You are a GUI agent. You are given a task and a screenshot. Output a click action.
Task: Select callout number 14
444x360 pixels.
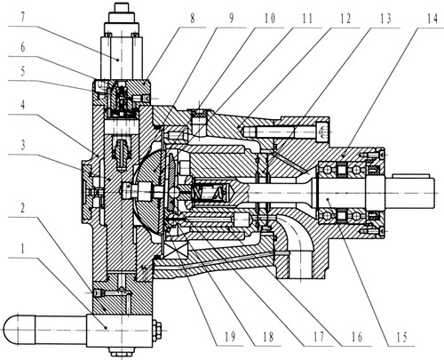[432, 19]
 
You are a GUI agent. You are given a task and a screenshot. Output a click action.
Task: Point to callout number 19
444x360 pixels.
[230, 337]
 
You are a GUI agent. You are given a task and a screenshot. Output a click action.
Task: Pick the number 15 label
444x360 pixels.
[401, 337]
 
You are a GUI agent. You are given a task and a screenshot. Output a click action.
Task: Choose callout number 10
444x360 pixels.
[269, 19]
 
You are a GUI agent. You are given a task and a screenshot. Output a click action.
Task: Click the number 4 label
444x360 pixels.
[22, 105]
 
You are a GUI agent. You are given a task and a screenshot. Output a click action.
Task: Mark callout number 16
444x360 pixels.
[356, 337]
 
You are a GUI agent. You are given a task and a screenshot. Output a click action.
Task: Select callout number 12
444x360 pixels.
[345, 19]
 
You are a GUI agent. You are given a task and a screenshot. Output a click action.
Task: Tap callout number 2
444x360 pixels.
[22, 208]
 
